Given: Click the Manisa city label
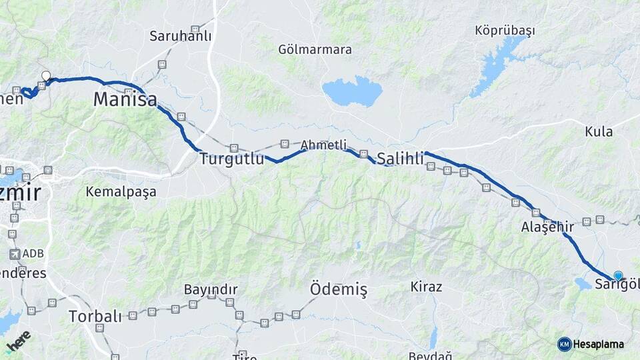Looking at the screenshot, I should (x=125, y=100).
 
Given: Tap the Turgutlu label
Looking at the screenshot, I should (x=228, y=159).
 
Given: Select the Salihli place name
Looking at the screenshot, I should (x=400, y=159).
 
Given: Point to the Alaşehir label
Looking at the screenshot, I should (x=547, y=227).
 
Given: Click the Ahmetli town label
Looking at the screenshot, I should (x=323, y=145).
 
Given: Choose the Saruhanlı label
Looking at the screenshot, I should (x=181, y=36).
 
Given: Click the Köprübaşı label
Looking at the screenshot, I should (x=505, y=31).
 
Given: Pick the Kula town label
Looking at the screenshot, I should (x=599, y=131).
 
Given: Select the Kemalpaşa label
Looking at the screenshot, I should (x=121, y=191).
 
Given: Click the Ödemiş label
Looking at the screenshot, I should (x=339, y=289).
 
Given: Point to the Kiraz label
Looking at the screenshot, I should (x=427, y=287).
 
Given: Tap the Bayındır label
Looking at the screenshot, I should (x=211, y=290).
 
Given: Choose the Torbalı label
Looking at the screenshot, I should (x=95, y=316).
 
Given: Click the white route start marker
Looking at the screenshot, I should (x=46, y=76).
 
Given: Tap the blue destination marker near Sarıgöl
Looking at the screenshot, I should (x=618, y=275).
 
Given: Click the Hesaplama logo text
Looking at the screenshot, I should (x=597, y=344).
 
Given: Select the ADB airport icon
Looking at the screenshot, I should (x=15, y=254).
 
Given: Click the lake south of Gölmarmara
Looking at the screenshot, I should (x=352, y=91).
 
